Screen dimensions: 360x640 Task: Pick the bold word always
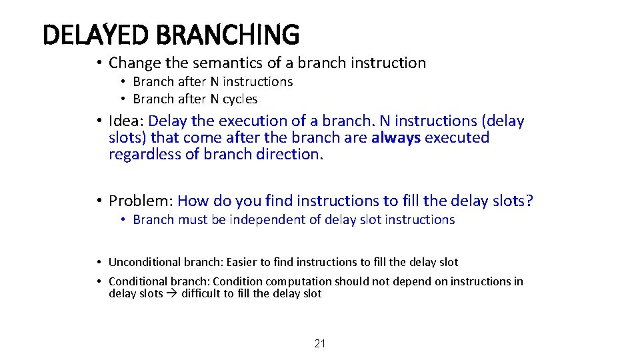point(396,138)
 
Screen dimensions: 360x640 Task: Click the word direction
point(293,155)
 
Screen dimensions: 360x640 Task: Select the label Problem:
point(141,201)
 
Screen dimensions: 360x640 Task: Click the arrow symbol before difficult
point(172,293)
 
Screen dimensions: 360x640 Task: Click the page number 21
point(320,344)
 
